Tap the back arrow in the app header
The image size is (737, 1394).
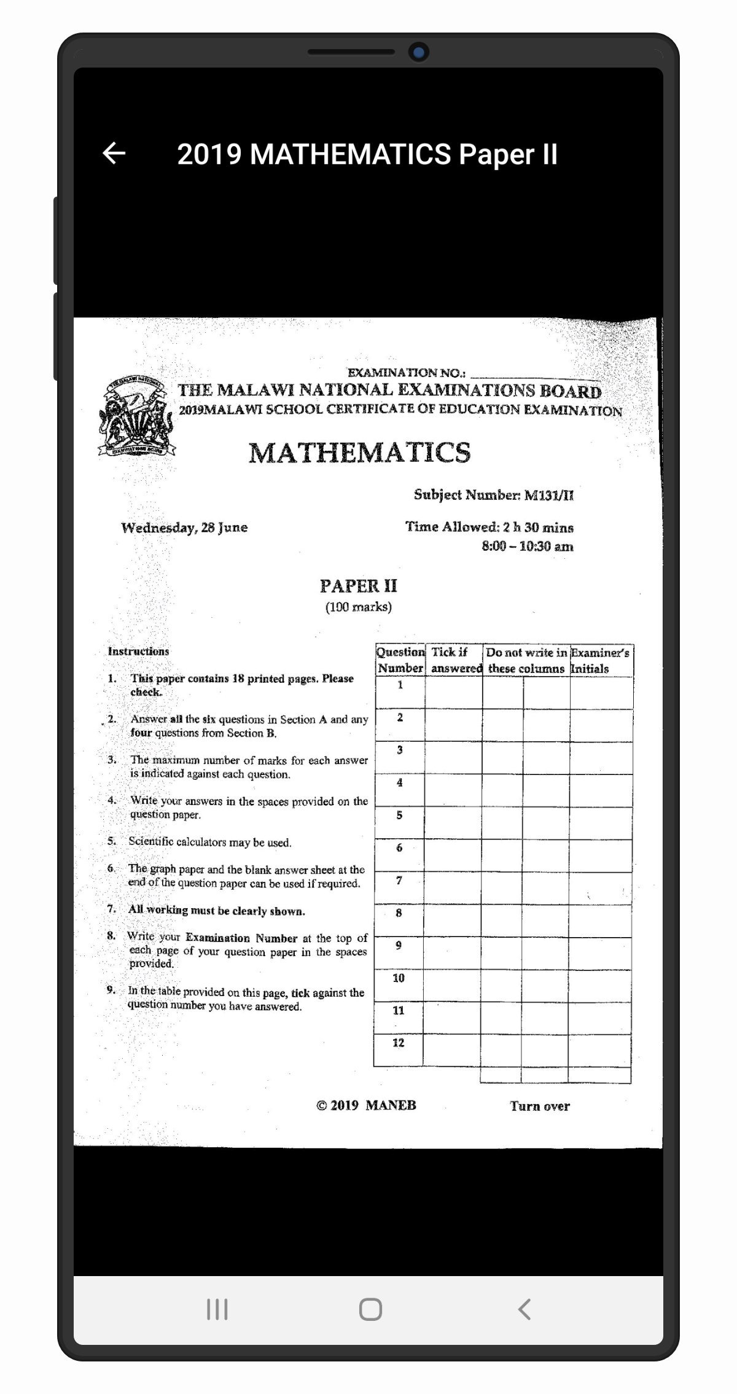[x=114, y=154]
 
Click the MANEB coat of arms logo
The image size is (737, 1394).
[x=136, y=416]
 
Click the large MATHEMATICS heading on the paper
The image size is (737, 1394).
[x=359, y=453]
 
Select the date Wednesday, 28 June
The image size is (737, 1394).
[x=184, y=528]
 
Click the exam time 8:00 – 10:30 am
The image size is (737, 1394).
[x=527, y=546]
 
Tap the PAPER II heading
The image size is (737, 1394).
[x=358, y=586]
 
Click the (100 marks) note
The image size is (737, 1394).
[x=358, y=607]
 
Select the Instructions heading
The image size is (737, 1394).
[x=138, y=651]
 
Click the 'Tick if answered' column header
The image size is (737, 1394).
[x=455, y=660]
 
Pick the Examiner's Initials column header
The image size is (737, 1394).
[x=599, y=660]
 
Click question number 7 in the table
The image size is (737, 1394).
[x=399, y=881]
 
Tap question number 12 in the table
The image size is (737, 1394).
[x=399, y=1043]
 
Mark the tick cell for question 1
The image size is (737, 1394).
[x=453, y=693]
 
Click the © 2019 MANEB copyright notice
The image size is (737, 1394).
[x=366, y=1105]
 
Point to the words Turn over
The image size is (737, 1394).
[x=539, y=1106]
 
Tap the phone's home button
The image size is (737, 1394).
[x=370, y=1309]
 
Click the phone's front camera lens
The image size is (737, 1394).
[x=419, y=52]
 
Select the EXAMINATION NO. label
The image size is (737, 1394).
[x=406, y=373]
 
